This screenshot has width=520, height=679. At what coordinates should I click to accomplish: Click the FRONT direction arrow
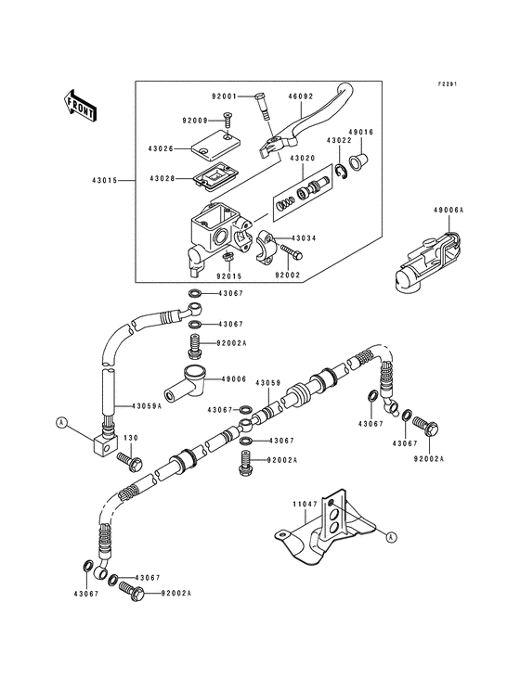tap(81, 104)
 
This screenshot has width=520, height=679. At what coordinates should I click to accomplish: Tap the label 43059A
tap(146, 406)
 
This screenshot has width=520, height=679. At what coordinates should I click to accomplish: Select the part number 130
tap(131, 439)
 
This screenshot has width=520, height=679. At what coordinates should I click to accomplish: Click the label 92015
tap(227, 275)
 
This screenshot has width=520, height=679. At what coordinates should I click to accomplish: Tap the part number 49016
tap(360, 133)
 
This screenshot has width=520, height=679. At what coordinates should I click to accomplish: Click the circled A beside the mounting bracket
tap(390, 536)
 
